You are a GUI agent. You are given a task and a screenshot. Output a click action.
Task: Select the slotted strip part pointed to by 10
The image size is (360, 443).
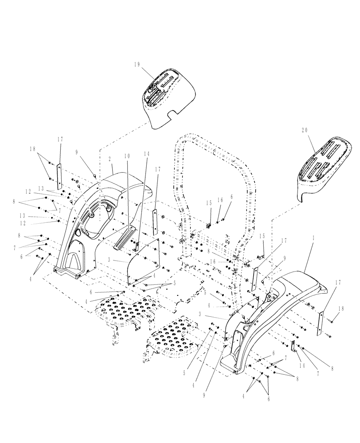(124, 237)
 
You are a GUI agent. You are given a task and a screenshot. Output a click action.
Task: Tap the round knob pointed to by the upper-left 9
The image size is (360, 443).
(95, 176)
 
